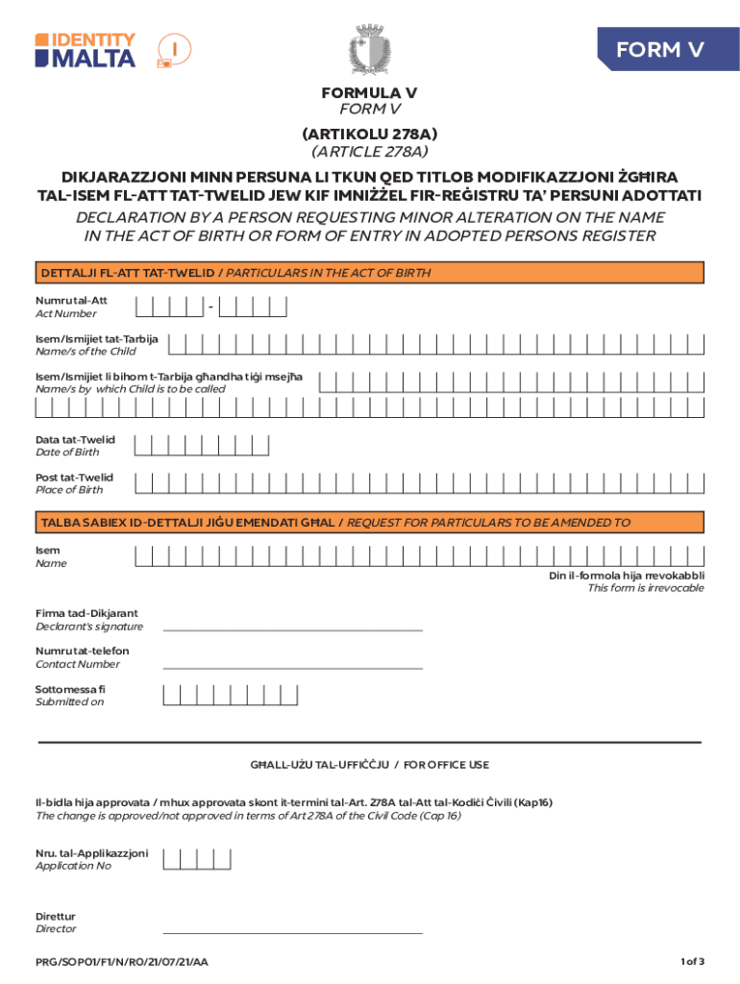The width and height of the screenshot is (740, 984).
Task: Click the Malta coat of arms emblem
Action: coord(369,50)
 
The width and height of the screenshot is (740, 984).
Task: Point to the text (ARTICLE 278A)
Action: coord(369,151)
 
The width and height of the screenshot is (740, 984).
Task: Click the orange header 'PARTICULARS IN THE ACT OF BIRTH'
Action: coord(369,273)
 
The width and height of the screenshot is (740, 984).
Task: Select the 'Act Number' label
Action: coord(66,313)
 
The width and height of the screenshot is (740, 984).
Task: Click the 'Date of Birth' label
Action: coord(67,452)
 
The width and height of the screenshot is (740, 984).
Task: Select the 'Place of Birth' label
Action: coord(69,489)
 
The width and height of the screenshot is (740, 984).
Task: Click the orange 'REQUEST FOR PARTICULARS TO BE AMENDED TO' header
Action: coord(369,523)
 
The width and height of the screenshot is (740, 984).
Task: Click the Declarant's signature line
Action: coord(292,629)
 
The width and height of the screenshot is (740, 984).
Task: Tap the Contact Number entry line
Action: coord(292,667)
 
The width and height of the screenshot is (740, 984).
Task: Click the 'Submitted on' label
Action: coord(69,701)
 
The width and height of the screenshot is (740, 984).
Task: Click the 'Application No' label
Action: coord(73,866)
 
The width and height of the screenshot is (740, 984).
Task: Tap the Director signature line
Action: coord(292,932)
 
